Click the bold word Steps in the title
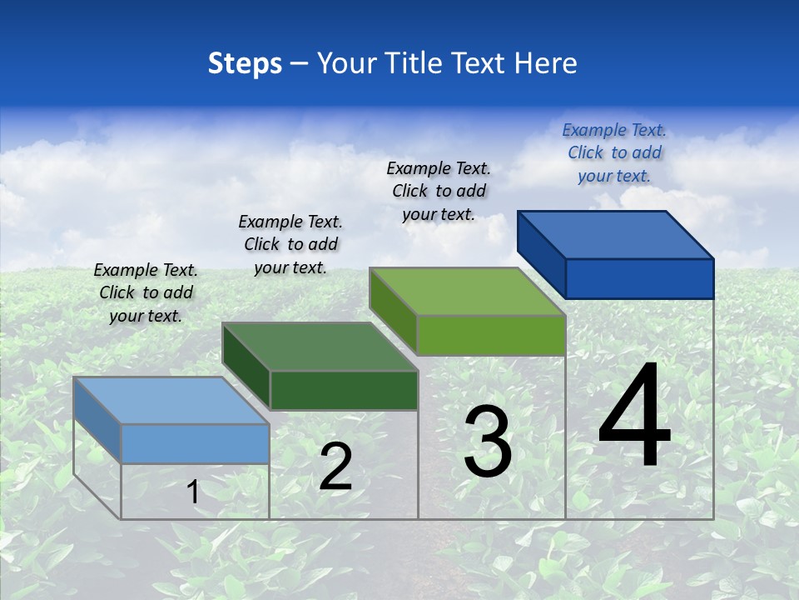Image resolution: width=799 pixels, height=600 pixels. click(245, 63)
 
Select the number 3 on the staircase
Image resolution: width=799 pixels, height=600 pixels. click(488, 442)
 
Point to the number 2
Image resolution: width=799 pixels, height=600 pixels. click(335, 467)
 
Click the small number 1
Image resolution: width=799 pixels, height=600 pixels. click(193, 492)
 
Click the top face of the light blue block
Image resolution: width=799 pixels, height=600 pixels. click(171, 401)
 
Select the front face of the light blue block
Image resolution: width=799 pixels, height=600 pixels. click(195, 443)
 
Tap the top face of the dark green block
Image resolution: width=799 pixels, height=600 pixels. click(320, 347)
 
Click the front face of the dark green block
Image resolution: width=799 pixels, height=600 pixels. click(344, 390)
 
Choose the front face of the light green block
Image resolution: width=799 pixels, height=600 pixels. click(491, 335)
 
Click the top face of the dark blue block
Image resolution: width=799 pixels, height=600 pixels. click(616, 235)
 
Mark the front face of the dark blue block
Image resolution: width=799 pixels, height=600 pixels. click(639, 278)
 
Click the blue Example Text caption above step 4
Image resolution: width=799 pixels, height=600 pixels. click(614, 153)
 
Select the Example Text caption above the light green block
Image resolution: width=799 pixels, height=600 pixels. click(439, 191)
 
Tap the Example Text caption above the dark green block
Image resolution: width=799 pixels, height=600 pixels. click(290, 244)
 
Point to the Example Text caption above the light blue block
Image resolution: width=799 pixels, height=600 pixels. click(146, 292)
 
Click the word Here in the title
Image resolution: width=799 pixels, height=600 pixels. click(546, 63)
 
